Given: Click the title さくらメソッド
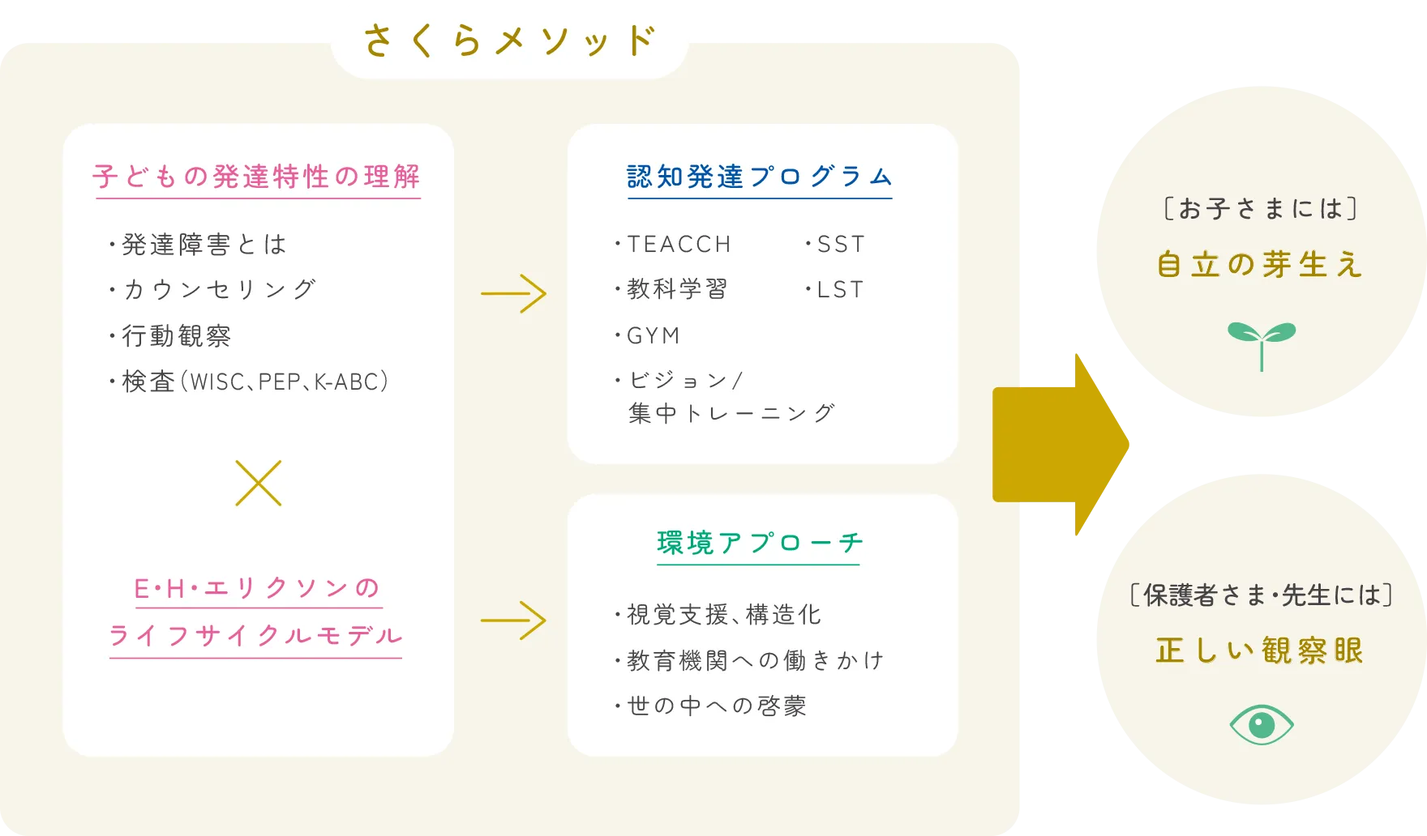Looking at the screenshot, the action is pos(509,41).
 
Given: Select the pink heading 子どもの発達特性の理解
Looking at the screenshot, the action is pos(256,177).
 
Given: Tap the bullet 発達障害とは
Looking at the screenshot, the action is pos(204,244).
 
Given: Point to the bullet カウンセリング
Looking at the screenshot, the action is pos(218,289).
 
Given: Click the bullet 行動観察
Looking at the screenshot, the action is pos(176,335).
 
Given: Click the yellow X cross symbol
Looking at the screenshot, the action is pos(259,484).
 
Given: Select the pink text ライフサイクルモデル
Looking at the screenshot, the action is pos(256,636).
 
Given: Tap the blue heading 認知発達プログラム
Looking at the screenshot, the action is pos(760,177).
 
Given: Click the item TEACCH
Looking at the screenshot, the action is pos(679,244).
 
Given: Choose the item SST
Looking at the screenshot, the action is pos(841,244).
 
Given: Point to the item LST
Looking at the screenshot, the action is pos(840,289).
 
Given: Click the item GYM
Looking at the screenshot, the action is pos(654,335).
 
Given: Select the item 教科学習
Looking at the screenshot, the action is pos(677,289).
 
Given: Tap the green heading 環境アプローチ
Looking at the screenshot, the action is pos(760,543).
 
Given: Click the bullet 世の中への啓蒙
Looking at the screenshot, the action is pos(717,706).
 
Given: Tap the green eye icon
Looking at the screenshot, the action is pos(1262,724).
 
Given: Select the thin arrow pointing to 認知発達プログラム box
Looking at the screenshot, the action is pos(513,293).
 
